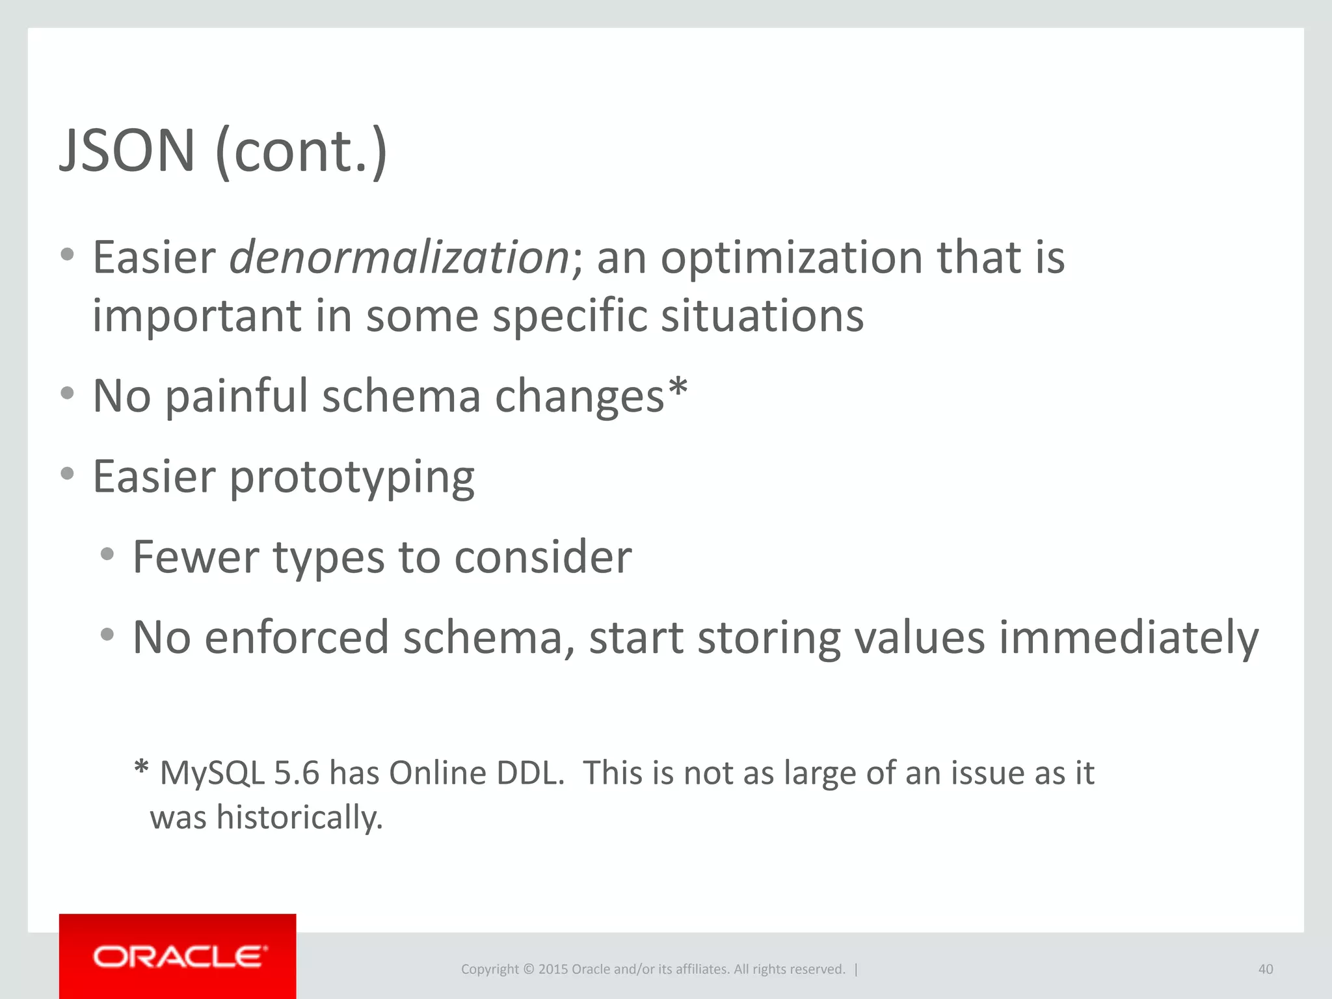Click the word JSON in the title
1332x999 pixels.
point(127,151)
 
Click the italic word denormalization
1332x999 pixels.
point(399,258)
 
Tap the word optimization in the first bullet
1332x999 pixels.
point(793,258)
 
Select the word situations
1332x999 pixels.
point(762,315)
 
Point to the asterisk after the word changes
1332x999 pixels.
point(678,388)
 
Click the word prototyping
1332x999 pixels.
point(352,477)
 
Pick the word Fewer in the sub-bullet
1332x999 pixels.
point(196,557)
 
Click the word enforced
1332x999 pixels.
point(297,637)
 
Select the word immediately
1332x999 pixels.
point(1128,637)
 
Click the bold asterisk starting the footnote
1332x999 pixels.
point(141,767)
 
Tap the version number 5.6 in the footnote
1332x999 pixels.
point(297,773)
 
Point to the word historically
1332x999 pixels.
point(299,818)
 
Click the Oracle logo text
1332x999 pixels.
point(180,957)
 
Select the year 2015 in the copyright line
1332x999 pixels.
point(553,969)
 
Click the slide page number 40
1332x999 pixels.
point(1265,969)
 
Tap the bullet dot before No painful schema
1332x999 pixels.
point(67,393)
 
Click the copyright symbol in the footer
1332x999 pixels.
point(528,969)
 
